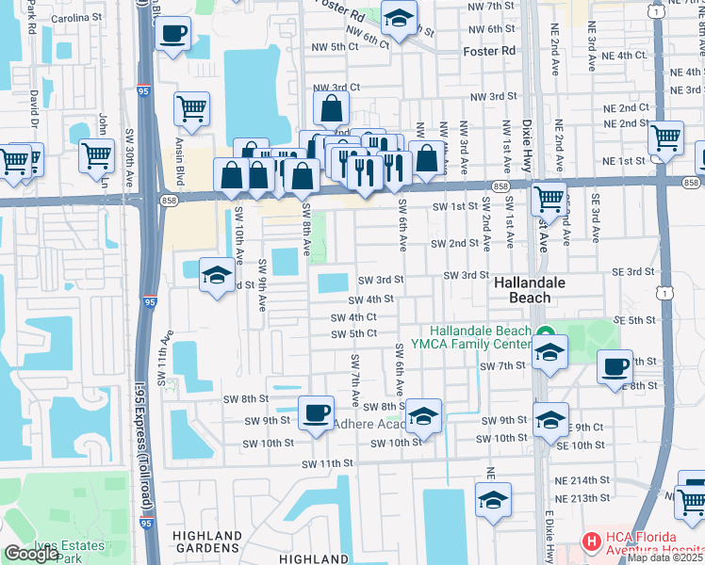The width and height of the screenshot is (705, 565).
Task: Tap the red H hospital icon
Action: click(591, 541)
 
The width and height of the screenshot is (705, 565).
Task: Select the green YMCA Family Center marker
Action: click(545, 334)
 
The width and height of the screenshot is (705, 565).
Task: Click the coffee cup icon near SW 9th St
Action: click(316, 412)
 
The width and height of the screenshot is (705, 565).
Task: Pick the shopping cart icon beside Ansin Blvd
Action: click(191, 109)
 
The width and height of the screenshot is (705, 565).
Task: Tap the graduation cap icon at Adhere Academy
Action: click(424, 416)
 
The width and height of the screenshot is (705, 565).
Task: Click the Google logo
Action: click(31, 554)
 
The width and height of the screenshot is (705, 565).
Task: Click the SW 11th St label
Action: click(327, 463)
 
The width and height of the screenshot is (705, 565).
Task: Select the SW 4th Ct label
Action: click(354, 317)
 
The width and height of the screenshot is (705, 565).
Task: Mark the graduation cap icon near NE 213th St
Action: click(492, 500)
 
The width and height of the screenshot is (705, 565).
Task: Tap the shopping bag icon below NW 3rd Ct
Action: click(331, 108)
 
